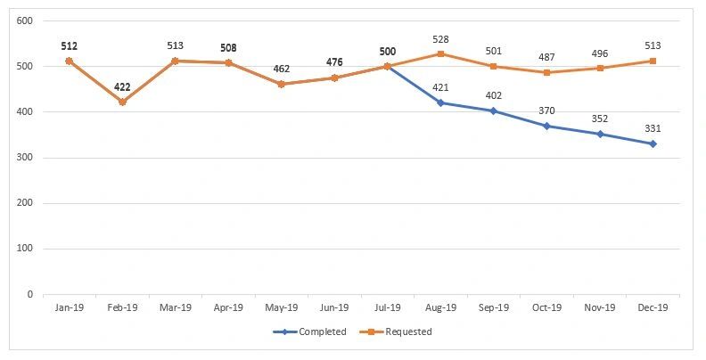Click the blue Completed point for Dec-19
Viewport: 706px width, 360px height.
click(653, 143)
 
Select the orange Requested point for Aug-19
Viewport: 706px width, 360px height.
click(440, 53)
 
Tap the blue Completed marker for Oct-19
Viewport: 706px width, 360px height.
click(546, 126)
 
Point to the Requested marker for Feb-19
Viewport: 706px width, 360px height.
click(122, 102)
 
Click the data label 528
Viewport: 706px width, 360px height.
click(440, 39)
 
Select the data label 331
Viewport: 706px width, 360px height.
click(653, 128)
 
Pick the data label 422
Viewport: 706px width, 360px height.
click(122, 87)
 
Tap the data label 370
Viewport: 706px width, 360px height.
click(546, 110)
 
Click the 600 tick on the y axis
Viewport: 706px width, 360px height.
click(25, 21)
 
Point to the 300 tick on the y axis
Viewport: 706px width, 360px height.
click(25, 158)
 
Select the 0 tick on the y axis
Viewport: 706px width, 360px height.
click(30, 294)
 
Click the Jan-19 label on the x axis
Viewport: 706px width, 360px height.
click(69, 307)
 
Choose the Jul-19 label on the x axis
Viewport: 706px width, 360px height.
click(387, 307)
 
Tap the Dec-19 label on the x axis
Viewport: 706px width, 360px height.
click(653, 307)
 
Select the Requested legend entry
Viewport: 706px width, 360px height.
click(401, 332)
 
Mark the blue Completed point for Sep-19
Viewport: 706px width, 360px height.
click(493, 110)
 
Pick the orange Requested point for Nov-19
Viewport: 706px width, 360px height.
click(600, 68)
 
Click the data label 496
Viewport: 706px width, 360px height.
click(600, 53)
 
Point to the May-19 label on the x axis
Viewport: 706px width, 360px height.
click(281, 307)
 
